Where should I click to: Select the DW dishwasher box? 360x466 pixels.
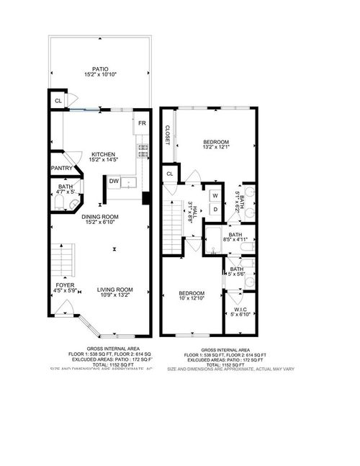114,182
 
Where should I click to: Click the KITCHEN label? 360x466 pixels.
102,155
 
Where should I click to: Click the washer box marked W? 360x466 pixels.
215,195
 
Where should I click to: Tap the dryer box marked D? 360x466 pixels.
215,209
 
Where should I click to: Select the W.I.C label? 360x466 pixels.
240,310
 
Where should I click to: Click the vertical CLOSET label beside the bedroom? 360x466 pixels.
166,134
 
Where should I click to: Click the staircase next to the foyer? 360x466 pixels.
63,261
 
